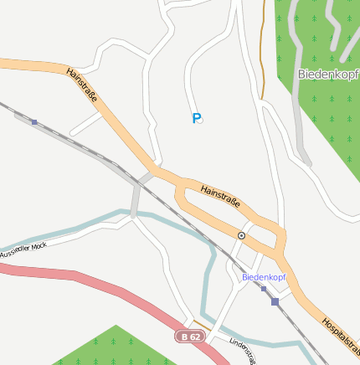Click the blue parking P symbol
coord(197,119)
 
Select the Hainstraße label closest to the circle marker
coord(221,198)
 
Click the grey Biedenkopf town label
coord(328,74)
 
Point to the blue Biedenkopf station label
coord(264,276)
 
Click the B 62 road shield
coord(191,337)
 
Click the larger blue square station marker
coord(275,301)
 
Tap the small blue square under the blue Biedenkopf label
coord(263,289)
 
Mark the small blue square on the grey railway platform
coord(34,122)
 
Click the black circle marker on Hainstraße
coord(241,235)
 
